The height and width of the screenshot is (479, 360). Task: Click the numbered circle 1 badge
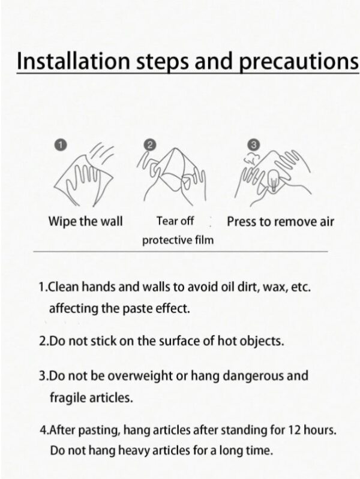coord(61,145)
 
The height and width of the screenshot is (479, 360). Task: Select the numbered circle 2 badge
coord(149,145)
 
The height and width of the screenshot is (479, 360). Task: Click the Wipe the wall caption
coord(85,221)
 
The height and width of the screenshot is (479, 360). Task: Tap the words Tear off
coord(175,221)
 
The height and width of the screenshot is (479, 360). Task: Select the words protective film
coord(178,240)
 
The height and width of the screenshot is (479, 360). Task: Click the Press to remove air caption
coord(280,221)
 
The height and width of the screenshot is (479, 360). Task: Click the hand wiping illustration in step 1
coord(83,176)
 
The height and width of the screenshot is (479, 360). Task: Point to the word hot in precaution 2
coord(227,341)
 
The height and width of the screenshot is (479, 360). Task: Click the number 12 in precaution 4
coord(295,430)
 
